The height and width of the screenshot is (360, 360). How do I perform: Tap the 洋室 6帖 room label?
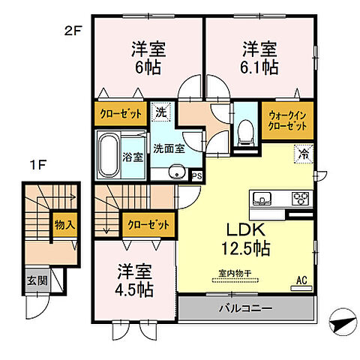[148, 57]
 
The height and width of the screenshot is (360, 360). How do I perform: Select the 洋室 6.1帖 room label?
[259, 57]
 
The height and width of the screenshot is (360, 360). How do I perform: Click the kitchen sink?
[262, 198]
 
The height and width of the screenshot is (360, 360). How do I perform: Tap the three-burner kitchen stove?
[300, 198]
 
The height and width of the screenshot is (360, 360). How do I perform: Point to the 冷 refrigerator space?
[304, 155]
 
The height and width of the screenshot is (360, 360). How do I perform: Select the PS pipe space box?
[197, 176]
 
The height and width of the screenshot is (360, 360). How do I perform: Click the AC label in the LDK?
[301, 280]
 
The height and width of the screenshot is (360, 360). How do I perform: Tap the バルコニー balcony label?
[246, 308]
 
